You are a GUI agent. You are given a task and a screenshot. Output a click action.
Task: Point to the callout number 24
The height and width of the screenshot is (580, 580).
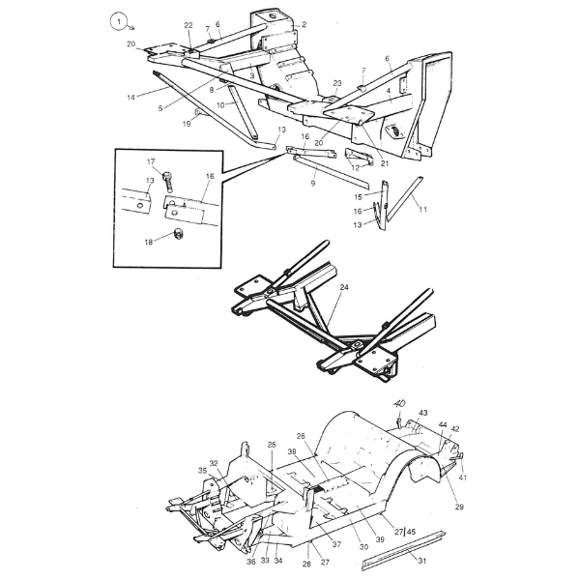[344, 287]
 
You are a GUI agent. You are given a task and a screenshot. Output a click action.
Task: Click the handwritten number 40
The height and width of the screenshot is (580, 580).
[399, 405]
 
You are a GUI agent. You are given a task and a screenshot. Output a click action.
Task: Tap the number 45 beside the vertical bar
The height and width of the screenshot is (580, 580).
[411, 531]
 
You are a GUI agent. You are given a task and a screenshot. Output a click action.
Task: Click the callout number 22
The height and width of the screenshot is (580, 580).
[188, 25]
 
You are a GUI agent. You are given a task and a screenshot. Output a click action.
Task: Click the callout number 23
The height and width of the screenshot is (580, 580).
[337, 83]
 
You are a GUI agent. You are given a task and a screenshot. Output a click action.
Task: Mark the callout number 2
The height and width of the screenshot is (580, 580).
[304, 24]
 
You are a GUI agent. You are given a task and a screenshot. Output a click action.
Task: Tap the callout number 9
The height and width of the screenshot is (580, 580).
[313, 182]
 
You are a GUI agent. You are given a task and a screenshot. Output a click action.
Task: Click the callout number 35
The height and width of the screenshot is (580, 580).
[203, 471]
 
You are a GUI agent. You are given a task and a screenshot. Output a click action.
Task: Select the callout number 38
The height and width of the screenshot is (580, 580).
[291, 452]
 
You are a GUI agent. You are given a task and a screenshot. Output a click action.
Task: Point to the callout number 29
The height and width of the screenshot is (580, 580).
[458, 507]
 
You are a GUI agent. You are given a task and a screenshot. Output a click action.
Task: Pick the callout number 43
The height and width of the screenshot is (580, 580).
[423, 413]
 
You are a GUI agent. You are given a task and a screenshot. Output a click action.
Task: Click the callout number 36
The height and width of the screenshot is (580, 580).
[250, 562]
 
